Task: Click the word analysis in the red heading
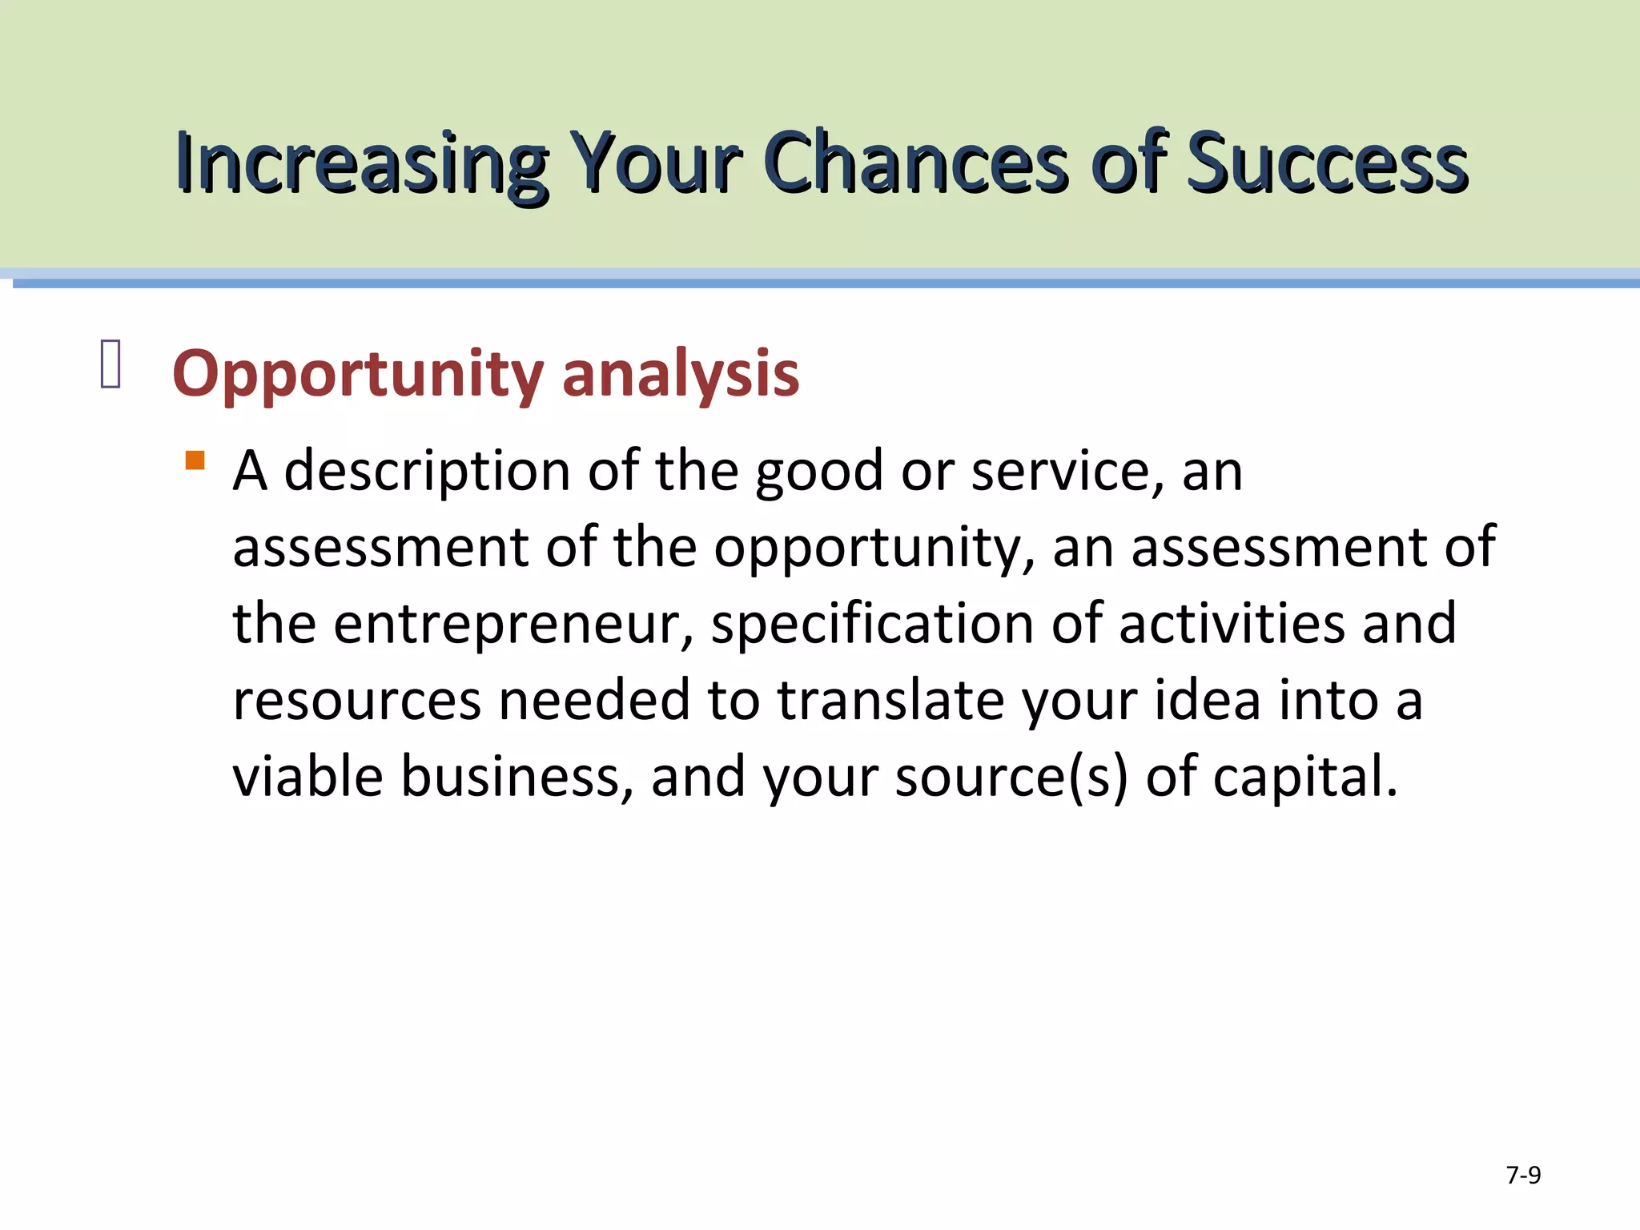[x=681, y=373]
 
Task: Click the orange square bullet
[x=195, y=460]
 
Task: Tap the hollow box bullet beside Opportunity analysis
[x=111, y=364]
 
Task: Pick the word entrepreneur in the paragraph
[x=512, y=625]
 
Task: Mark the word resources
[x=357, y=701]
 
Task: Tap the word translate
[x=890, y=701]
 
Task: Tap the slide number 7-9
[x=1523, y=1175]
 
